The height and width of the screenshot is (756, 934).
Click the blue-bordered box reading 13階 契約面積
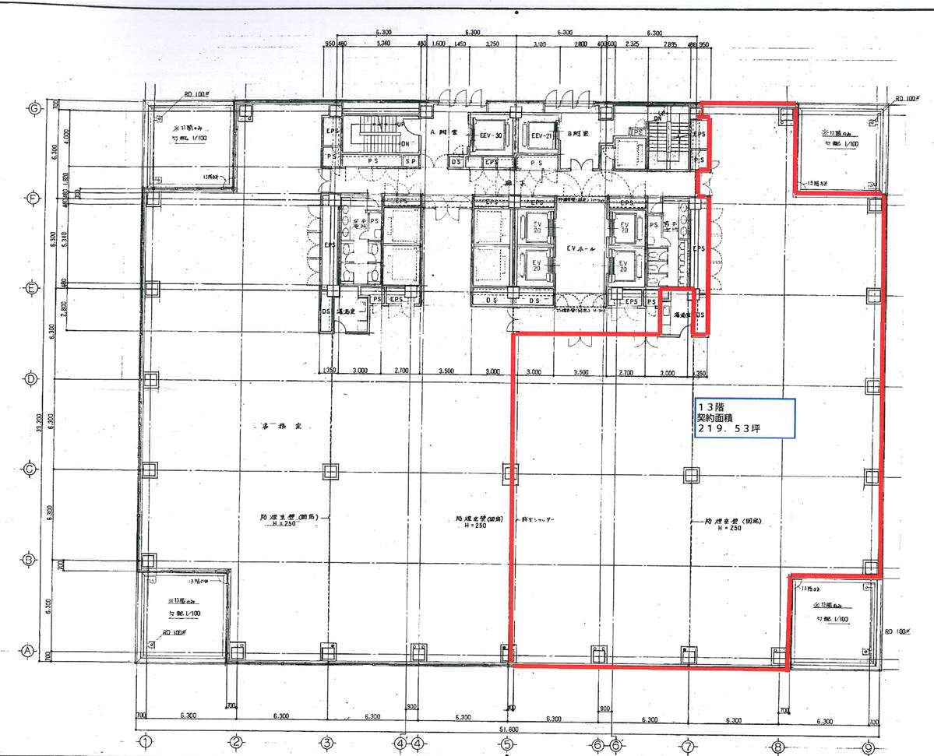pyautogui.click(x=744, y=418)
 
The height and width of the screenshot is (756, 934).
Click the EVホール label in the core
pyautogui.click(x=581, y=248)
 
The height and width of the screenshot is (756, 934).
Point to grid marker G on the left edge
pyautogui.click(x=33, y=108)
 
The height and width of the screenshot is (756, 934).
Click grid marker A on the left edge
pyautogui.click(x=26, y=651)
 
